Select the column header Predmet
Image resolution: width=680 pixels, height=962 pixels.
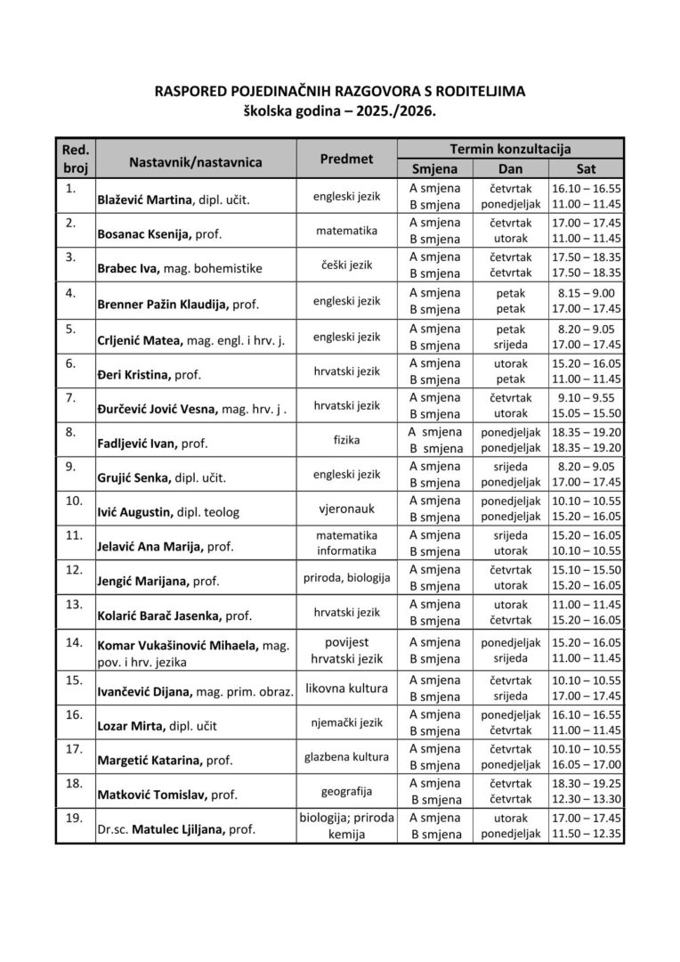pos(346,159)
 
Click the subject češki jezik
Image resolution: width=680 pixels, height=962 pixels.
pos(346,265)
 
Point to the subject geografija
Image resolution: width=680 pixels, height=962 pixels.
pos(346,790)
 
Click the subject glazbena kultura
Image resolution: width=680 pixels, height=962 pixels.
pos(346,756)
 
